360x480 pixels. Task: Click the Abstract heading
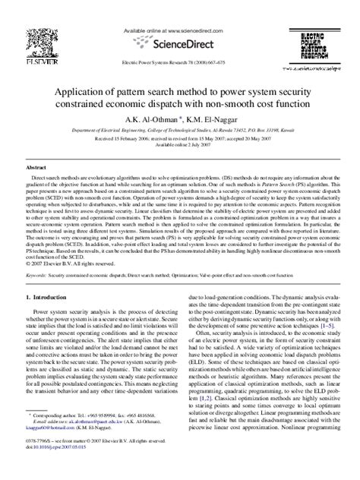(36, 166)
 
